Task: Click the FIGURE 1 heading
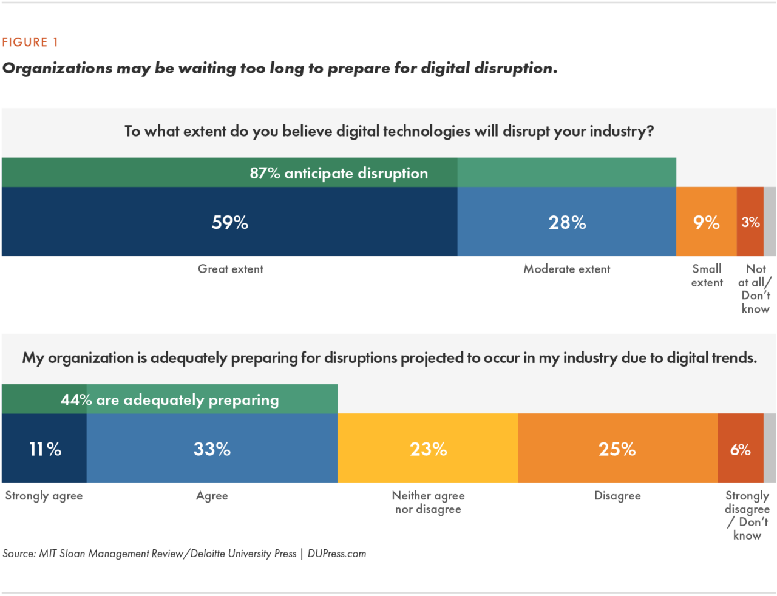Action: [30, 42]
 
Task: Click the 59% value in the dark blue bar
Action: [230, 222]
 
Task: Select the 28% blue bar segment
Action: [567, 222]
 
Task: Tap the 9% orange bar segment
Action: [706, 222]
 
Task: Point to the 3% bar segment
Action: [750, 222]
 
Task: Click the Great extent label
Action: [231, 269]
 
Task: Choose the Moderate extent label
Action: [567, 269]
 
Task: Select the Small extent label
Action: [707, 276]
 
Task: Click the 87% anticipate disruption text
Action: [339, 173]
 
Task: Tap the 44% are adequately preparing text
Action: [169, 400]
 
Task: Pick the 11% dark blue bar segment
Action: [45, 449]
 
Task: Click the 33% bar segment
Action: [212, 449]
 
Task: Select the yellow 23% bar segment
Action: [428, 449]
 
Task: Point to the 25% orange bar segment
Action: [617, 449]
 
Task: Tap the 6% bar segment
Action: [740, 449]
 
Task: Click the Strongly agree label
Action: [44, 496]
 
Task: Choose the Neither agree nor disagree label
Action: [428, 503]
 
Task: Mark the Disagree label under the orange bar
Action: [617, 496]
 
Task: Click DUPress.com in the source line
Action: [337, 554]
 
